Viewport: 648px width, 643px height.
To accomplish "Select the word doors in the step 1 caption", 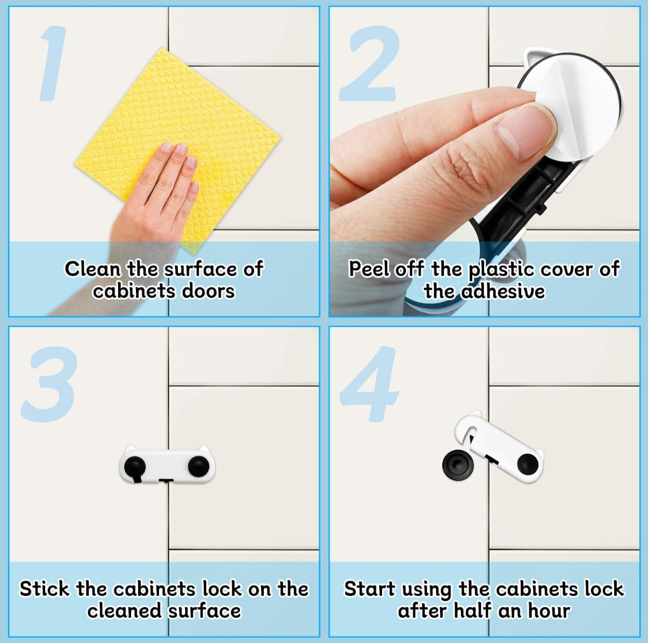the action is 208,291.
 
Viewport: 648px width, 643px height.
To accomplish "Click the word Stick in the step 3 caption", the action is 45,589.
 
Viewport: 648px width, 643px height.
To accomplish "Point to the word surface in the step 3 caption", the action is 205,611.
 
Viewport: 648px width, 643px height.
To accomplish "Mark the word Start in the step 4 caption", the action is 370,589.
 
